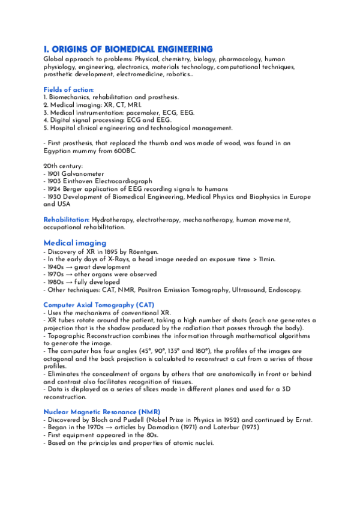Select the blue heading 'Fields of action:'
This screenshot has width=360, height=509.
pos(68,89)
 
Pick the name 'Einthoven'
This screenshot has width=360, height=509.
pos(83,181)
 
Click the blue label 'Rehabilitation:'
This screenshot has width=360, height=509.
pos(67,220)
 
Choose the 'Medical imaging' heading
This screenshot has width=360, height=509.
pos(74,242)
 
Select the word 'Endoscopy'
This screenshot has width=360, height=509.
pos(283,290)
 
